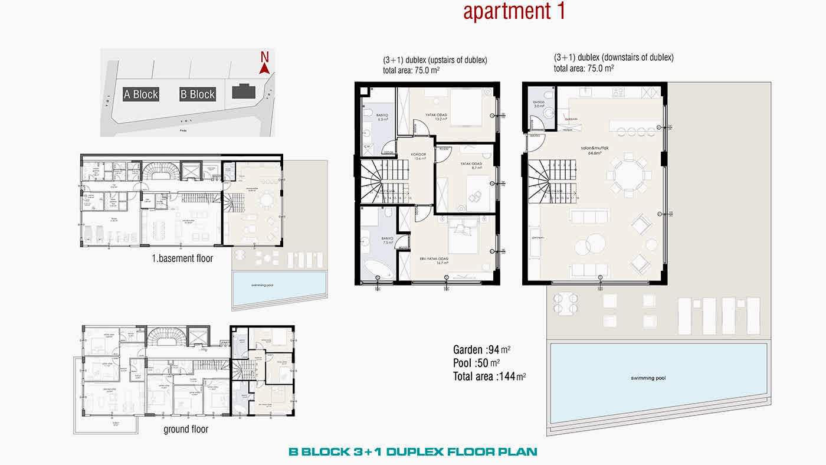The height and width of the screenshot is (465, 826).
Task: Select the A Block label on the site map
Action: [x=141, y=94]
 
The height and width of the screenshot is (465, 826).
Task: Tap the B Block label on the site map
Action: [x=198, y=94]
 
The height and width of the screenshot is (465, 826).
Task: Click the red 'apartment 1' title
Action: [x=514, y=12]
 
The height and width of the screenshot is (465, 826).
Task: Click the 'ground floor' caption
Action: [x=186, y=429]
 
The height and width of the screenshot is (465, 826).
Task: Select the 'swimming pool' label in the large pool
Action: [x=647, y=378]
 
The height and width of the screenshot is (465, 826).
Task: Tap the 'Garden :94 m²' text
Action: [x=481, y=349]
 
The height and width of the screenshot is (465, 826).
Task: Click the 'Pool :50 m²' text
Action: [x=476, y=362]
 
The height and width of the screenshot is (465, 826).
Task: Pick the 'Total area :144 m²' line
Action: [x=489, y=376]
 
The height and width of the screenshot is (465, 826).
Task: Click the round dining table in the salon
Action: [x=627, y=174]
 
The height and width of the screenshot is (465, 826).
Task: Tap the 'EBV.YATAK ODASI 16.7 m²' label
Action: [x=435, y=261]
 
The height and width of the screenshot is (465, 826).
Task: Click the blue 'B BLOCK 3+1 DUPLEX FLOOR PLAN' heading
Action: [x=412, y=452]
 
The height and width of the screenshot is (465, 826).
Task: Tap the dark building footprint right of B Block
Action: [x=242, y=91]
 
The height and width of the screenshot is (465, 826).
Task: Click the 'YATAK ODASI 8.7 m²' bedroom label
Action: [x=472, y=166]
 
